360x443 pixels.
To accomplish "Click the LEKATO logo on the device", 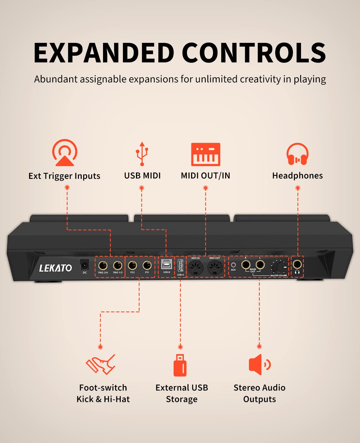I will coord(55,268).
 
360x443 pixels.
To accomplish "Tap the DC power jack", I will coord(84,265).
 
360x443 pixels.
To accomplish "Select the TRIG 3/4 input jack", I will coord(103,266).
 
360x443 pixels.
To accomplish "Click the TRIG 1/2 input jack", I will coord(118,266).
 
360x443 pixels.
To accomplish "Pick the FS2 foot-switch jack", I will coord(132,266).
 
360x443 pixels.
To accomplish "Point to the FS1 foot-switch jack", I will coord(147,266).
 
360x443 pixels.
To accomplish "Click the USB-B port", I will coord(166,264).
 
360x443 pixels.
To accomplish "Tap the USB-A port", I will coord(180,266).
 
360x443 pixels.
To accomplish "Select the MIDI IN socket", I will coord(196,268).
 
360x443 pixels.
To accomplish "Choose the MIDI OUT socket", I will coord(215,268).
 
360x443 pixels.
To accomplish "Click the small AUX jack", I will coord(233,265).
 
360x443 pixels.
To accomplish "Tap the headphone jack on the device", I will coord(297,264).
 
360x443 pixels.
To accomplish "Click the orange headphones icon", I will coord(297,154).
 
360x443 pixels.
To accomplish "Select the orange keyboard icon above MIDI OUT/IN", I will coord(205,154).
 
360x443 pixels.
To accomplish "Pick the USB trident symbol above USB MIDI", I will coord(142,154).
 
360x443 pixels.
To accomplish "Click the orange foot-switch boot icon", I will coord(101,364).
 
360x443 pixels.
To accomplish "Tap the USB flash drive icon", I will coord(180,365).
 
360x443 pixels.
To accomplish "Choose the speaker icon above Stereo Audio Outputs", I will coord(259,365).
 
